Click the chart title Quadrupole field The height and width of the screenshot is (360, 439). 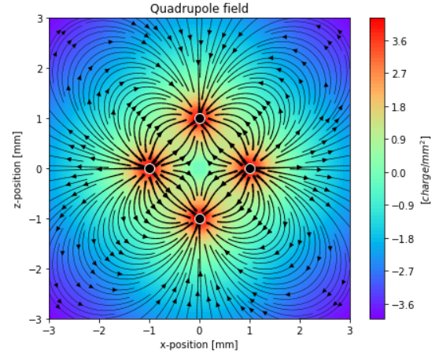click(x=200, y=8)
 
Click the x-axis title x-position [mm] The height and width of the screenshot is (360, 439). click(x=200, y=344)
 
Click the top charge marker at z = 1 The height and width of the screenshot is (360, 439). click(x=200, y=119)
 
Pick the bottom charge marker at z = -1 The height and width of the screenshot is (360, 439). click(x=200, y=219)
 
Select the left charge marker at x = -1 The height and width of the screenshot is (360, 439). click(x=149, y=168)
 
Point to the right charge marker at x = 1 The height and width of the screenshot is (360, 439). click(x=250, y=168)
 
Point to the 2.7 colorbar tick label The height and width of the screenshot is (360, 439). click(x=399, y=75)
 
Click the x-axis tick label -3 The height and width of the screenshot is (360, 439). click(x=49, y=330)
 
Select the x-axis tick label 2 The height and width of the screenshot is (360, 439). click(x=301, y=330)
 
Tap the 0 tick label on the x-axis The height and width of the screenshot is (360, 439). click(x=200, y=330)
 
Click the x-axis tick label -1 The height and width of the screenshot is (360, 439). click(x=149, y=330)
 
